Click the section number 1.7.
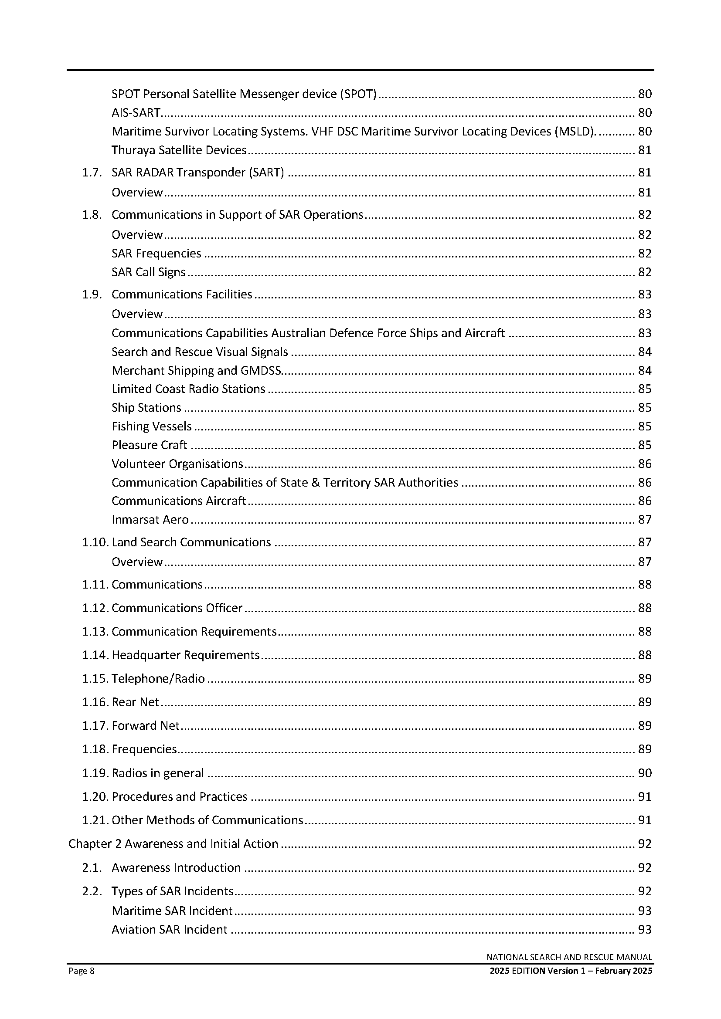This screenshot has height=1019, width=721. (x=92, y=172)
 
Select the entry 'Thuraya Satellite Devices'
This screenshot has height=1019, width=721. (x=179, y=150)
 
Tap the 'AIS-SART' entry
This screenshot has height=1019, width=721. (x=136, y=113)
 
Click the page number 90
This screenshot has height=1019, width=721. (x=645, y=773)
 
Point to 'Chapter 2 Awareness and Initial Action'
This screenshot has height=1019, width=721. (x=173, y=844)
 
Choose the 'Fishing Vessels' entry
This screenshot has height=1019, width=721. (x=151, y=427)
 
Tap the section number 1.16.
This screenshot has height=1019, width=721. (x=95, y=702)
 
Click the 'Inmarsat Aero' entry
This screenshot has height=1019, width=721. (x=150, y=520)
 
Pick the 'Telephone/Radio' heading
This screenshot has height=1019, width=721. (x=158, y=679)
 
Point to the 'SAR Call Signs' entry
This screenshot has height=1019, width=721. (x=148, y=272)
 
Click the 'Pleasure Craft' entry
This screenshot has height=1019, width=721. (x=149, y=445)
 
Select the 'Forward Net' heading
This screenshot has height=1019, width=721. (x=146, y=726)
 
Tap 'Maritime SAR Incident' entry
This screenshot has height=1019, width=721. (x=172, y=911)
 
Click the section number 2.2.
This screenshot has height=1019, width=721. (x=92, y=891)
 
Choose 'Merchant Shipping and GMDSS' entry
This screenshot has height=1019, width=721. (x=196, y=371)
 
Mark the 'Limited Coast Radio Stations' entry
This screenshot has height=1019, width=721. (x=188, y=389)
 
